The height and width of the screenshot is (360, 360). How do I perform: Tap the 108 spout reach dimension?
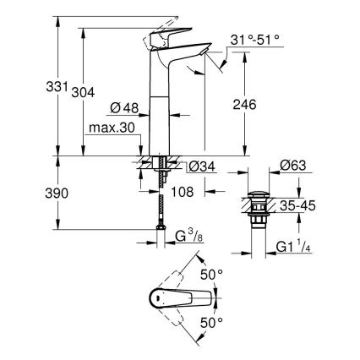[x=183, y=193]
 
